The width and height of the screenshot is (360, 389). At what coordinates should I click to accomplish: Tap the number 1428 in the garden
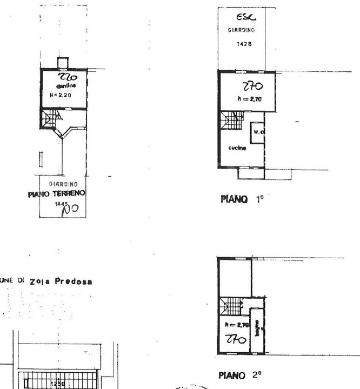[242, 46]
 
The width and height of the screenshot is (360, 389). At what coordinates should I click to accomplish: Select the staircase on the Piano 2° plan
[234, 306]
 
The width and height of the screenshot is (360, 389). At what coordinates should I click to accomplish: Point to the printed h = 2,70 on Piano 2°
[236, 326]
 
